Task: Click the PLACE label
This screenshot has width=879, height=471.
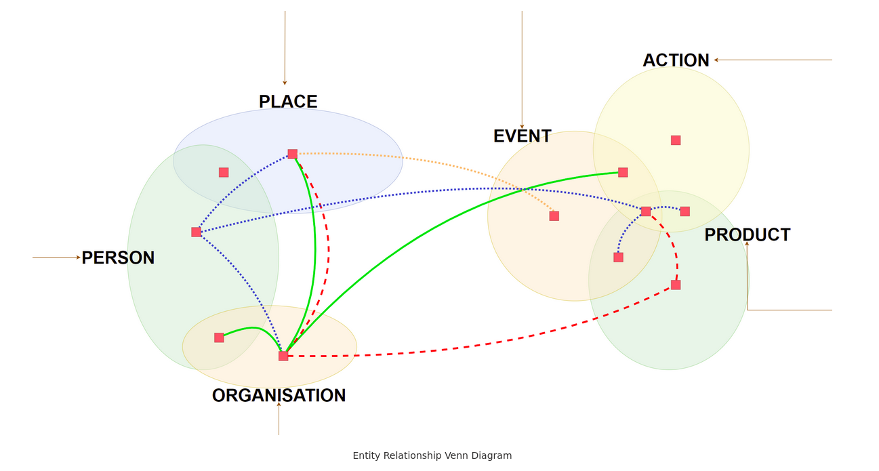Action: pyautogui.click(x=288, y=102)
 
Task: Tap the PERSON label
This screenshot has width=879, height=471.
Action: pyautogui.click(x=118, y=258)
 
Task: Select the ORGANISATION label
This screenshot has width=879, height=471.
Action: pyautogui.click(x=279, y=395)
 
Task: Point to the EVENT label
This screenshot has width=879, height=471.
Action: pyautogui.click(x=522, y=136)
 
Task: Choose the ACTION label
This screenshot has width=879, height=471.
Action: pyautogui.click(x=676, y=60)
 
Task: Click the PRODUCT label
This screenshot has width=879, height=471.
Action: pyautogui.click(x=747, y=234)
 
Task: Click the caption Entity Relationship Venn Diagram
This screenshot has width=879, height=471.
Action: pyautogui.click(x=432, y=455)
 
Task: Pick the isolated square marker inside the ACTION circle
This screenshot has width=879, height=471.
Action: pyautogui.click(x=676, y=140)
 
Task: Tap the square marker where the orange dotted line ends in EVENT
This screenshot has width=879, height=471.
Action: pyautogui.click(x=554, y=216)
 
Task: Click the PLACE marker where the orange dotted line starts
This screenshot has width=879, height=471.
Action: pyautogui.click(x=292, y=154)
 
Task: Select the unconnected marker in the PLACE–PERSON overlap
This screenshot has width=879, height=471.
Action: pyautogui.click(x=224, y=172)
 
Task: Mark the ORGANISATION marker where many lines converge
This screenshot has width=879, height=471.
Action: pyautogui.click(x=283, y=356)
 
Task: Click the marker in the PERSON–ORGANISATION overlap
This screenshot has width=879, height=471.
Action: pyautogui.click(x=219, y=337)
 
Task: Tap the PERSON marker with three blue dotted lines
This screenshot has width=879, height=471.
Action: pyautogui.click(x=196, y=232)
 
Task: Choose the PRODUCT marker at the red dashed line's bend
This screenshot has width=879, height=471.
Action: pyautogui.click(x=676, y=285)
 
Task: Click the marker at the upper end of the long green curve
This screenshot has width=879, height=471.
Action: pyautogui.click(x=623, y=172)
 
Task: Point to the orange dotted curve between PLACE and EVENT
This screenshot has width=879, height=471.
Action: pyautogui.click(x=434, y=163)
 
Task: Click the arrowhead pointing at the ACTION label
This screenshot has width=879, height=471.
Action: pyautogui.click(x=716, y=60)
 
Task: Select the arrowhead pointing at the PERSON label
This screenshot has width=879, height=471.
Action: pyautogui.click(x=79, y=258)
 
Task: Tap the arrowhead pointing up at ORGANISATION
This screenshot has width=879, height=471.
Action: pyautogui.click(x=279, y=405)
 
